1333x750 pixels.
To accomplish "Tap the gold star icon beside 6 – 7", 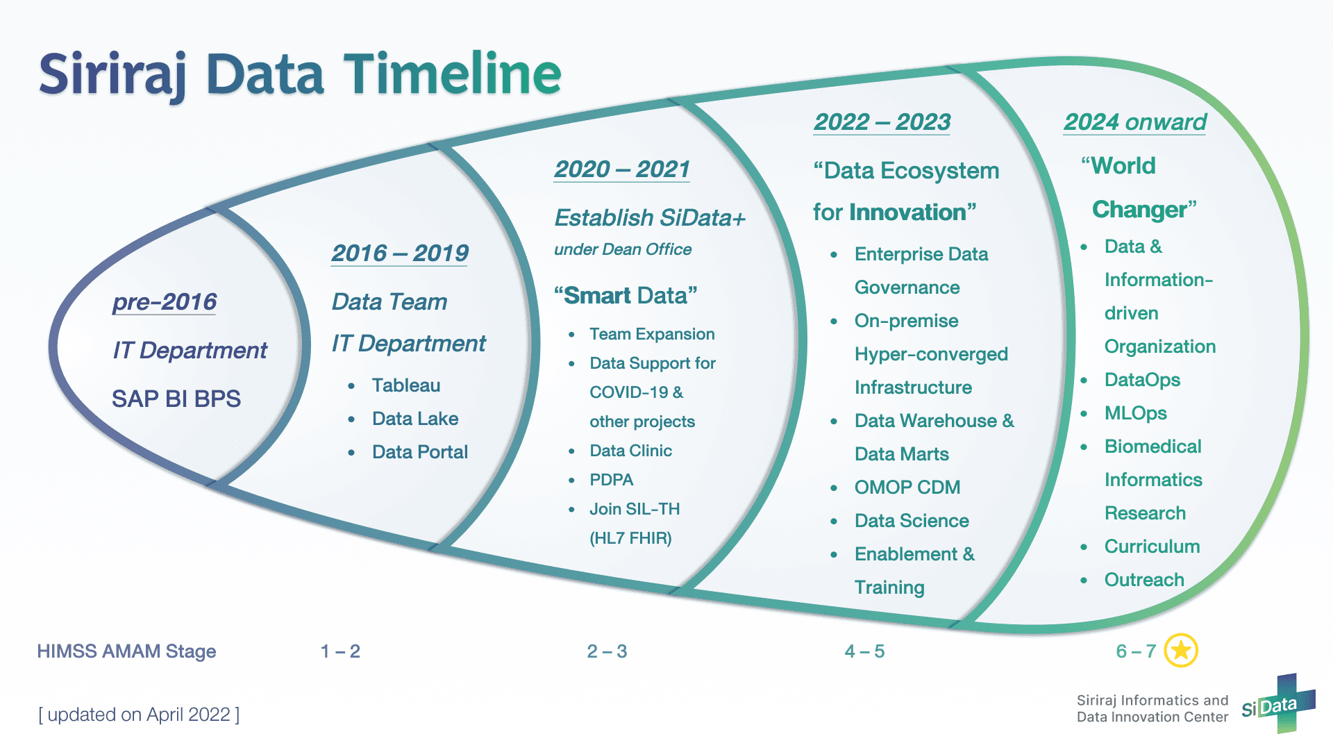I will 1181,651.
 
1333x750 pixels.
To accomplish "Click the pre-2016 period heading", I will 165,302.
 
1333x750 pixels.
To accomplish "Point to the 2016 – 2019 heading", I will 400,253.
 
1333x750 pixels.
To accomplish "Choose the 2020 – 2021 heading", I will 622,169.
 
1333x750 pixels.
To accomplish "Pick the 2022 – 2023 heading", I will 882,122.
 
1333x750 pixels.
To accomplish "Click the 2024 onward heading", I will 1135,122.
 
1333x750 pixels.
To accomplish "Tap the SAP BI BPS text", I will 176,399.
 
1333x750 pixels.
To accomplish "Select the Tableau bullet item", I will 406,385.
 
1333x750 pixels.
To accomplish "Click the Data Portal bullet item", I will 420,452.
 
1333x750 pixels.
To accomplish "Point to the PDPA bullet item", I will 612,480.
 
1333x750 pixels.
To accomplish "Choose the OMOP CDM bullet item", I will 907,487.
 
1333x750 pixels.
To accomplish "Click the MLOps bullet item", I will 1136,413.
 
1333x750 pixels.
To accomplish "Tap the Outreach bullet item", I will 1144,580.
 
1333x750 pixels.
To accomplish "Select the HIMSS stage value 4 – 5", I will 864,651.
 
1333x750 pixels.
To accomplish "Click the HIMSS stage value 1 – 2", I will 340,651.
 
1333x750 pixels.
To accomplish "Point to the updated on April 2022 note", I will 139,715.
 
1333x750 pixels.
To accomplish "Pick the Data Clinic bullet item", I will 630,451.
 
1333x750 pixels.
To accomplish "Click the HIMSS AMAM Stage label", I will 126,651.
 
